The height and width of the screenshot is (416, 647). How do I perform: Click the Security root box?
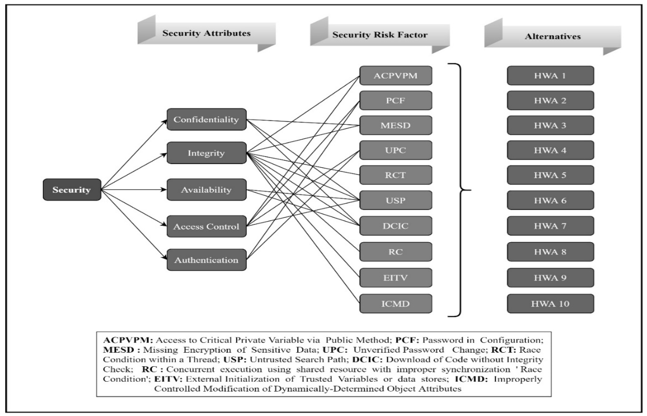(x=72, y=190)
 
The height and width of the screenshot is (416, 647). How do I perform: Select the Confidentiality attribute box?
(x=206, y=119)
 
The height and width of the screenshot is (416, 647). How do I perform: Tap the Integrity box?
(x=206, y=153)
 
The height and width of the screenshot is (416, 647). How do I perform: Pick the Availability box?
(x=206, y=190)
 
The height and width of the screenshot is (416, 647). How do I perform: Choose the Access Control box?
(x=206, y=226)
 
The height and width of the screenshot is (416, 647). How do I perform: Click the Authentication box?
(x=206, y=260)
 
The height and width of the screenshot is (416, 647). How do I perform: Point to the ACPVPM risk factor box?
(x=396, y=76)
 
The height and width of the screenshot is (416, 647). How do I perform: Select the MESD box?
(x=396, y=125)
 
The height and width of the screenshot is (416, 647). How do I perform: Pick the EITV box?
(x=396, y=278)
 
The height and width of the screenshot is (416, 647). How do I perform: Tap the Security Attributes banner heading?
(x=206, y=33)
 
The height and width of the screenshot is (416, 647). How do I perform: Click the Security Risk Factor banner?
(x=380, y=35)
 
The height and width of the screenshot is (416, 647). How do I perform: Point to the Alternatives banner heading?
(x=553, y=37)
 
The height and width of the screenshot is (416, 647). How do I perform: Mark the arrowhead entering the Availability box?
(x=164, y=190)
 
